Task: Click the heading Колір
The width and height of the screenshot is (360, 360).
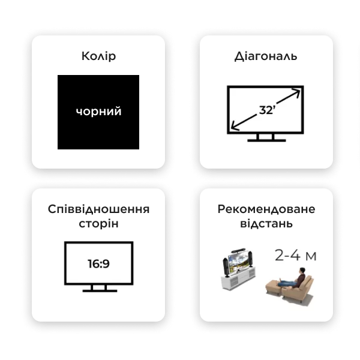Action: coord(98,56)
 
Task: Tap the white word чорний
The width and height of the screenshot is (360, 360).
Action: coord(98,112)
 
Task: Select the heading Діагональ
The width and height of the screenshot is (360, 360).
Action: coord(266,56)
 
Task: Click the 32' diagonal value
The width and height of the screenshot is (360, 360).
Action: coord(267,110)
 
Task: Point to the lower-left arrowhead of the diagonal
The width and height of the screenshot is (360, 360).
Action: coord(235,126)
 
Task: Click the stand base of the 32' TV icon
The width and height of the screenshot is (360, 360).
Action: coord(266,140)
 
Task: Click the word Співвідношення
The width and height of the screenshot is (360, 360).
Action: coord(98,209)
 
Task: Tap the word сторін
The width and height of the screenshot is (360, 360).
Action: coord(98,224)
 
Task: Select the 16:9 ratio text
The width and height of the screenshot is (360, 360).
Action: coord(99,263)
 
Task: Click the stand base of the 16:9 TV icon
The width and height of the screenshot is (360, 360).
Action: coord(100,291)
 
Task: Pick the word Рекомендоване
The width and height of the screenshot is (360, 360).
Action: coord(266,209)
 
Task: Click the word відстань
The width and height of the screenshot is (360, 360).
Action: coord(266,223)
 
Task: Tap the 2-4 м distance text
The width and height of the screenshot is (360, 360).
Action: coord(295,256)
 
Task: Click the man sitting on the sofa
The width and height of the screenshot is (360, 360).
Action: coord(294,278)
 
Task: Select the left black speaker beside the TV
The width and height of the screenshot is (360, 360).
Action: coord(226,267)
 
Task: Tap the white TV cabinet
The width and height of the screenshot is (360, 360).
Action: coord(238,278)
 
